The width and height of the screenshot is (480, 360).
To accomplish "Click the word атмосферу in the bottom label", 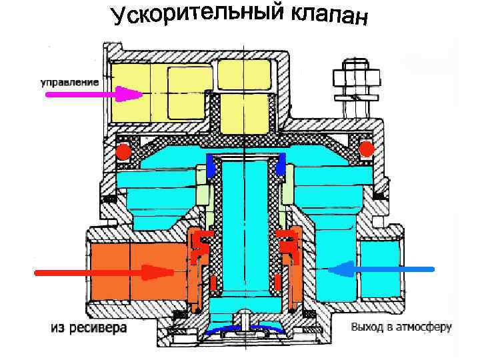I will [x=424, y=327].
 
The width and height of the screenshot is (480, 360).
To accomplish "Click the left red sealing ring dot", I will [x=122, y=153].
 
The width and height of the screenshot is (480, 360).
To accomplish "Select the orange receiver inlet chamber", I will [x=133, y=270].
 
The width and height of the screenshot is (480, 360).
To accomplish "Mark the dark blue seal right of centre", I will [x=281, y=165].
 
